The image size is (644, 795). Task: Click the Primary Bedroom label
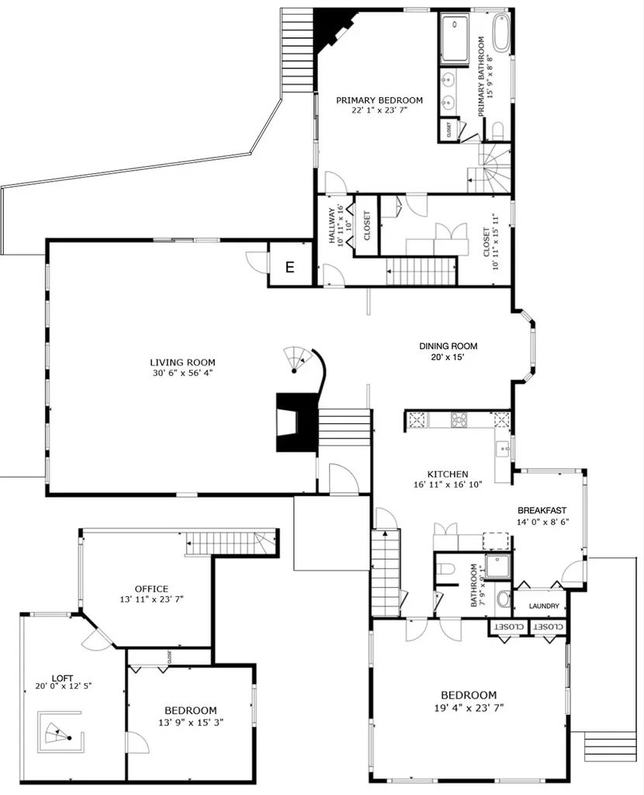click(379, 100)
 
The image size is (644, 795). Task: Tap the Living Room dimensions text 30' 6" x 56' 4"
click(182, 373)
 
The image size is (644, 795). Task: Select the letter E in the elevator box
click(290, 267)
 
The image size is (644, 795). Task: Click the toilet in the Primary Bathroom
click(497, 131)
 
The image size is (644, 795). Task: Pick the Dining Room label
click(448, 346)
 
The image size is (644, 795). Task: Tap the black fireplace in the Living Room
click(296, 422)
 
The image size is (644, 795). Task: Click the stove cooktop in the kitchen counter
click(459, 419)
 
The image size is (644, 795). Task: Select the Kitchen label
click(448, 474)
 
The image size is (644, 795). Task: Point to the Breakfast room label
click(542, 511)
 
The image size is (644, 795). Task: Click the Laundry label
click(544, 606)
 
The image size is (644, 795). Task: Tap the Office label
click(151, 589)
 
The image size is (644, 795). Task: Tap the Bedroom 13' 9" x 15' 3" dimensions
click(191, 722)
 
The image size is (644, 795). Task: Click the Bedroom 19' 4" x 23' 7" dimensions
click(469, 707)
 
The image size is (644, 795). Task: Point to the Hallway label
click(332, 226)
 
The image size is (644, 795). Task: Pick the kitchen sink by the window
click(502, 450)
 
